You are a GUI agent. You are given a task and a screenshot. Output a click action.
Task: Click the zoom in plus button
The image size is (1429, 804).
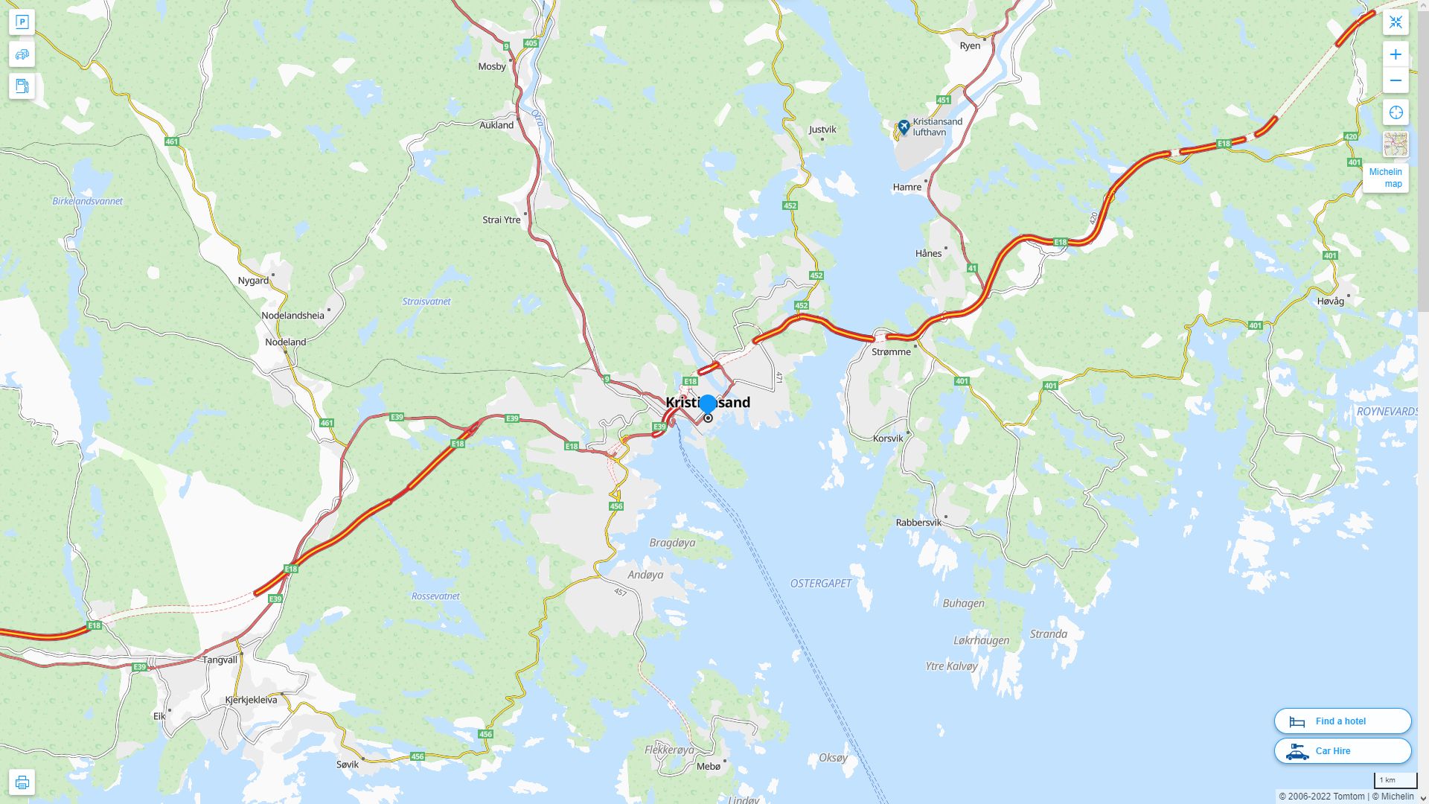1396,54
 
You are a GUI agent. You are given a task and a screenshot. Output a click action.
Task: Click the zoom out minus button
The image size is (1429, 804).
1396,80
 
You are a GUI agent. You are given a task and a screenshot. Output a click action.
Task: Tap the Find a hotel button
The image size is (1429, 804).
1342,721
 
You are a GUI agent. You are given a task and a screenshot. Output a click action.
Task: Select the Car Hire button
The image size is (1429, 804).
1342,750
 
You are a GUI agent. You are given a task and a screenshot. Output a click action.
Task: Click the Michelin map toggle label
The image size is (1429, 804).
1385,178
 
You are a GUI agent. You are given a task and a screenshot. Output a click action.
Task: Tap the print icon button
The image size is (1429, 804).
22,782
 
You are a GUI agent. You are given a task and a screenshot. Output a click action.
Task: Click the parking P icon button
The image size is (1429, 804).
22,22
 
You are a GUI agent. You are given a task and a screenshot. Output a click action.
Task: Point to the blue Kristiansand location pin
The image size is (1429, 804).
708,404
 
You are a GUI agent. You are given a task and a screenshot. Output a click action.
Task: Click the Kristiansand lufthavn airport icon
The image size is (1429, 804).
904,127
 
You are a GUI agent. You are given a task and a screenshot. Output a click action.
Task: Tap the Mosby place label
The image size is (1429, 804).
491,66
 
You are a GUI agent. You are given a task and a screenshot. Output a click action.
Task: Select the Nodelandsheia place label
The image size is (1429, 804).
292,315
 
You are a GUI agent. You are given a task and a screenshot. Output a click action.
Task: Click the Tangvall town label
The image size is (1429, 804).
220,660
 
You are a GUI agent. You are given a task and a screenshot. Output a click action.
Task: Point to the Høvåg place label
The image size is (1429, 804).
1330,301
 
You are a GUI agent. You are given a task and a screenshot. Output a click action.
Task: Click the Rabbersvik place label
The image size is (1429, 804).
918,523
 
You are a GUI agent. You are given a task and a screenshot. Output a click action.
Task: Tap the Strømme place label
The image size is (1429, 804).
891,351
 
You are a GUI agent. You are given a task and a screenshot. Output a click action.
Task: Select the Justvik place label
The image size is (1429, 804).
822,129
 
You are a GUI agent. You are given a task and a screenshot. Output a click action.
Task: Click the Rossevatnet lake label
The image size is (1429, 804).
435,596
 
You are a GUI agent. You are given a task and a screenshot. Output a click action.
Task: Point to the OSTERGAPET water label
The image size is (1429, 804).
820,583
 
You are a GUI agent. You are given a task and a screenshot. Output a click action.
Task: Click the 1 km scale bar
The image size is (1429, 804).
1395,781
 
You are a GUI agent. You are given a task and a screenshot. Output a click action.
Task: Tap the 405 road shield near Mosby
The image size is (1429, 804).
531,43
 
